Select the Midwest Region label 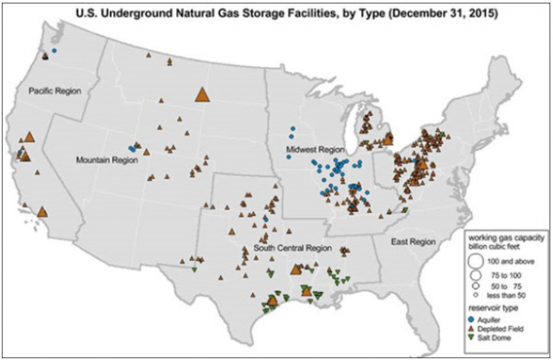(x=314, y=152)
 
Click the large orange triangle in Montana (x=202, y=95)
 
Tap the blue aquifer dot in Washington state (x=55, y=50)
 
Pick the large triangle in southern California (x=42, y=212)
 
